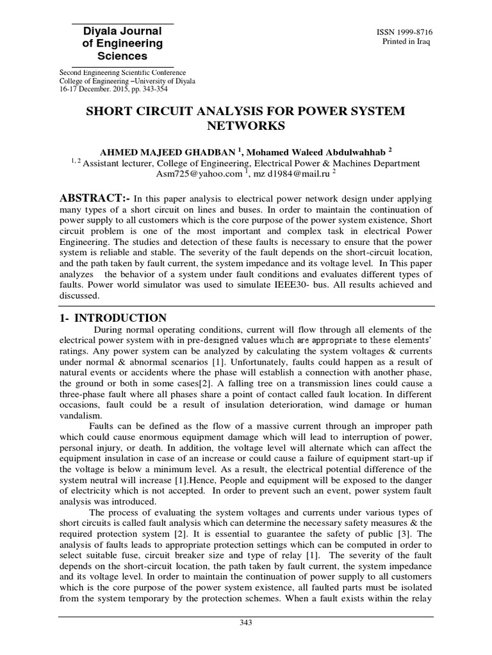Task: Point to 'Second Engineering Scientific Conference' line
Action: [x=122, y=73]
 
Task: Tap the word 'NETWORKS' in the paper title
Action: [x=245, y=126]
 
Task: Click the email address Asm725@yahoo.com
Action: [x=199, y=173]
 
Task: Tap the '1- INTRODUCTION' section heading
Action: [x=113, y=318]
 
